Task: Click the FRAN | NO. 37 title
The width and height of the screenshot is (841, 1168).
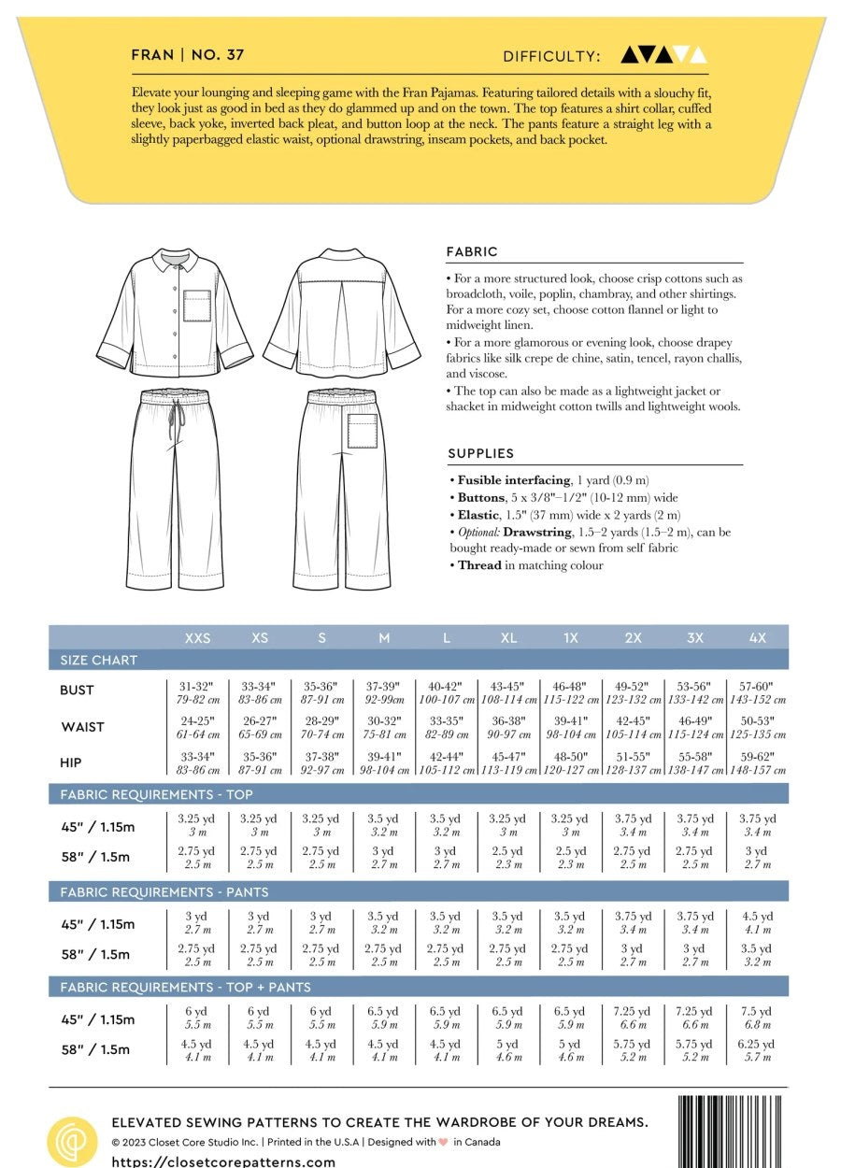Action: tap(188, 55)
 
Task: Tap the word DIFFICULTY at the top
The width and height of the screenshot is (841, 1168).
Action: tap(551, 56)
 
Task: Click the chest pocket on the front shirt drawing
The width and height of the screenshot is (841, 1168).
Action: tap(197, 306)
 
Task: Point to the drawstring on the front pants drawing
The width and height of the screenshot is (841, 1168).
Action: tap(172, 425)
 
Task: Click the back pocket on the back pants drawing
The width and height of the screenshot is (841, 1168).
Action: tap(363, 431)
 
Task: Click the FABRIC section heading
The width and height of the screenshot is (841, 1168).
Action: tap(473, 252)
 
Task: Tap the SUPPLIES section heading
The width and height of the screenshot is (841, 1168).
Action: tap(481, 454)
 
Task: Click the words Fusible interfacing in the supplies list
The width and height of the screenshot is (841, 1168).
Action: tap(513, 480)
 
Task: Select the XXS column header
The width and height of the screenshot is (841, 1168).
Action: tap(197, 638)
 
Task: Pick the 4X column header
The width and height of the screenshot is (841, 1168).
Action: tap(757, 638)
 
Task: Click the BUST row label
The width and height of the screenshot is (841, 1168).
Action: tap(78, 691)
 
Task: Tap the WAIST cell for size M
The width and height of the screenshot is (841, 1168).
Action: tap(384, 727)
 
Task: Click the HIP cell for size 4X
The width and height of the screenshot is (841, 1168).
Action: tap(757, 762)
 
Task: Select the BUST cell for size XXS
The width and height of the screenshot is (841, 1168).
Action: tap(197, 692)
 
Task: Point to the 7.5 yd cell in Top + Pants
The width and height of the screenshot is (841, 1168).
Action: tap(757, 1018)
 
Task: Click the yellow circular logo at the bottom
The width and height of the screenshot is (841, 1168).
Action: tap(72, 1139)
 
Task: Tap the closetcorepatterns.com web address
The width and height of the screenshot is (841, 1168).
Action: tap(223, 1161)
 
